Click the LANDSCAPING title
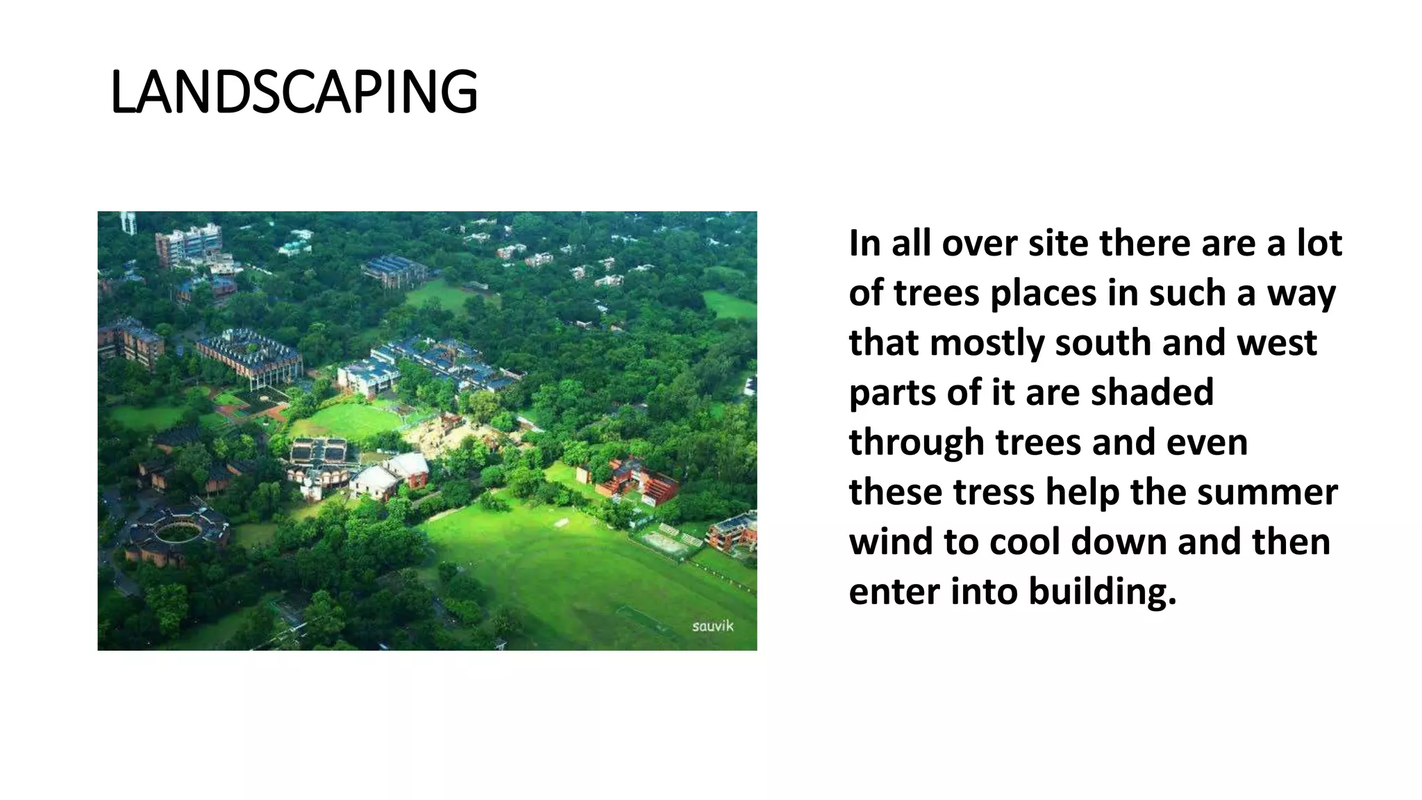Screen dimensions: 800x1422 [x=294, y=92]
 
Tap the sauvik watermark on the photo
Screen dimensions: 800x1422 [x=712, y=626]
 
